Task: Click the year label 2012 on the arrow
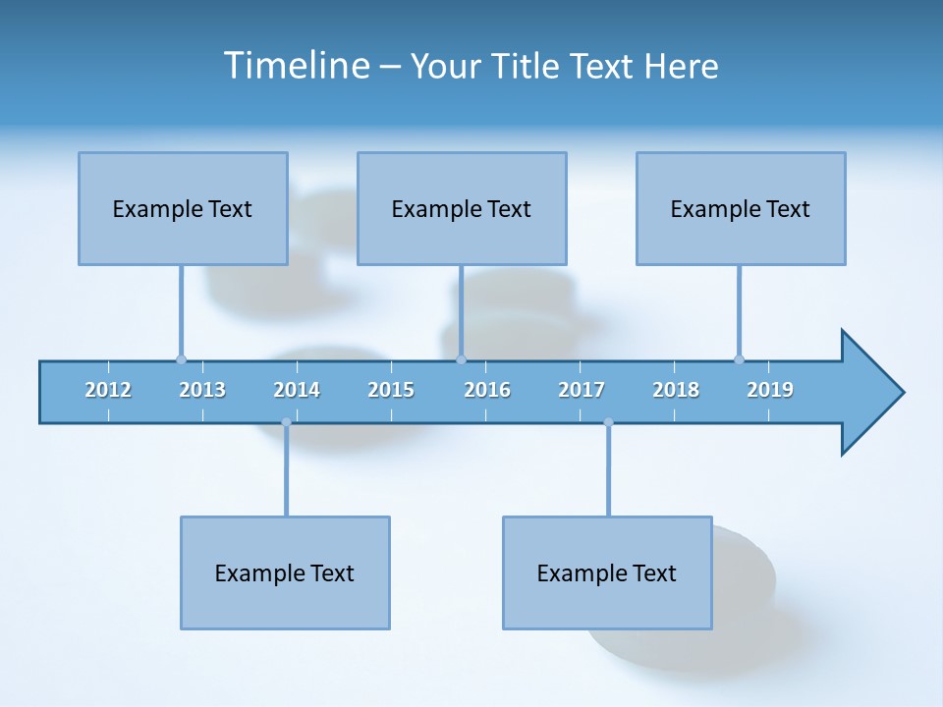(108, 390)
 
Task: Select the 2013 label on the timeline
(202, 390)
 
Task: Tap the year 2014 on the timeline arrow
(297, 390)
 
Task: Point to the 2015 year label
(391, 390)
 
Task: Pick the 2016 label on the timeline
(487, 390)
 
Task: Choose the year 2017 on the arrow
(582, 390)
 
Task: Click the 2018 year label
(676, 390)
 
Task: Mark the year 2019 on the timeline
(770, 390)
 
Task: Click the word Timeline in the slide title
(295, 66)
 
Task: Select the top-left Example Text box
(183, 208)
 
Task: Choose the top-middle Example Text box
(462, 208)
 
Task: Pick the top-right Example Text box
(741, 208)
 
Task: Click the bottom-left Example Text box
(285, 572)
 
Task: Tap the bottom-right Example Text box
(607, 572)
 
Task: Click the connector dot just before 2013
(181, 359)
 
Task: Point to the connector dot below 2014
(286, 422)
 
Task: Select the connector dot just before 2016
(461, 359)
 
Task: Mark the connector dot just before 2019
(739, 359)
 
